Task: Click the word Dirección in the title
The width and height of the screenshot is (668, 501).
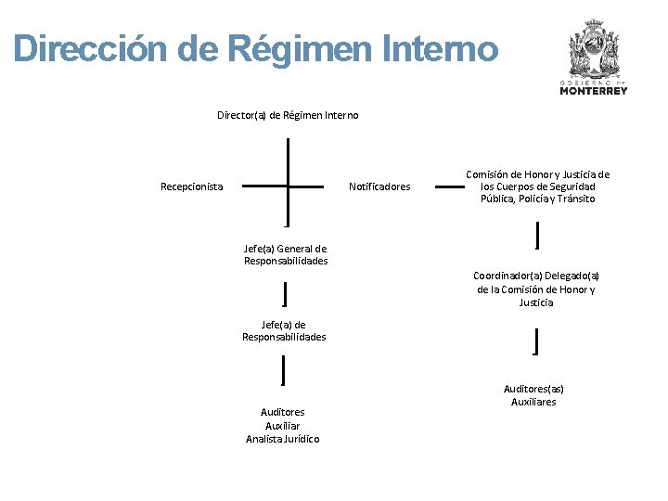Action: pos(95,49)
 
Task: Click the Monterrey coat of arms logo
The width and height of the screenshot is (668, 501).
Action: pos(594,51)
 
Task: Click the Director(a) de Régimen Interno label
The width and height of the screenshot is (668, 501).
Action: pos(288,115)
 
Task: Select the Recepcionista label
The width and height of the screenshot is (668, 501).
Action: pos(191,186)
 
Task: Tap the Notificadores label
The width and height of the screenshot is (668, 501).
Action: pos(379,186)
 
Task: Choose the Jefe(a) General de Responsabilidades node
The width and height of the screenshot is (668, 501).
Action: pos(286,254)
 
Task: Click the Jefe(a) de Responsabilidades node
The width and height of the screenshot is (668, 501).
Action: pos(284,330)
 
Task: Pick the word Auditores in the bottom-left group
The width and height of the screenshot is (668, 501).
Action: pos(283,412)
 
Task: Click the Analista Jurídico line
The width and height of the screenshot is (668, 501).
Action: pos(283,439)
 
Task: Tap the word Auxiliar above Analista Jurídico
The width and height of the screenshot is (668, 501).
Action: pos(283,426)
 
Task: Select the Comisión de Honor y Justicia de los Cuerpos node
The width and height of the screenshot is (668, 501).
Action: pos(537,186)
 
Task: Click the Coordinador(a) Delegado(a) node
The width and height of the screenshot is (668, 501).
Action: pos(536,289)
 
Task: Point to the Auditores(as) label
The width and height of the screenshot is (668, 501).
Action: pos(533,389)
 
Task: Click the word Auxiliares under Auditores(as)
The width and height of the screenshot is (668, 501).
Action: pos(533,402)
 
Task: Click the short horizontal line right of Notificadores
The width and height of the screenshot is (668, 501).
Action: pos(450,187)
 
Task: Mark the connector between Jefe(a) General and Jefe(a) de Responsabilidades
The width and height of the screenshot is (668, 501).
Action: pos(284,294)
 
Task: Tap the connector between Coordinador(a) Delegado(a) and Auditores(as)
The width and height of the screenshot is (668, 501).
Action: pos(537,341)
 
